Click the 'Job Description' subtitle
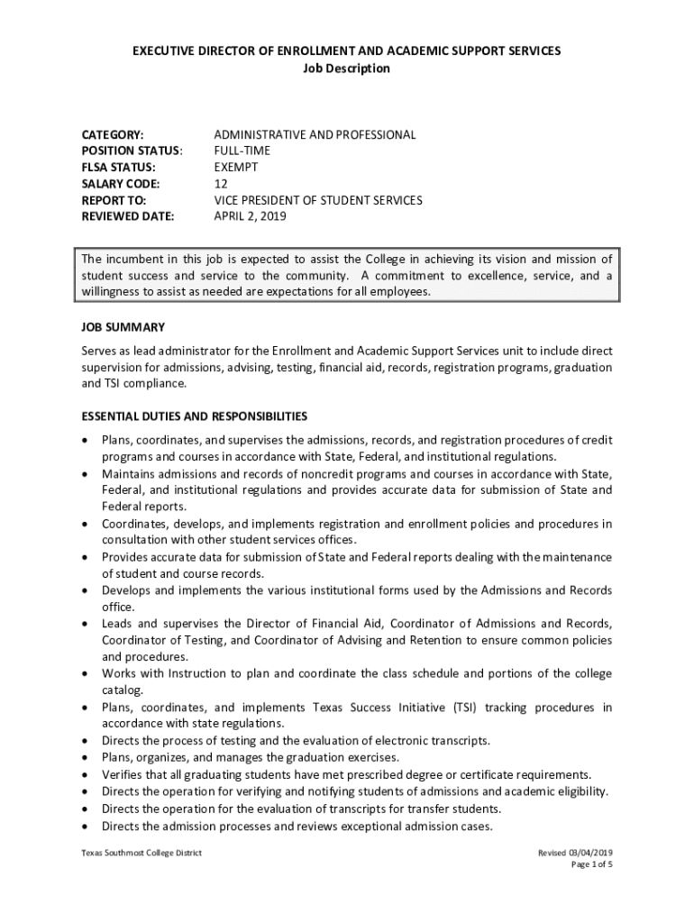pos(347,69)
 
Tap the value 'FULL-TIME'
pos(242,151)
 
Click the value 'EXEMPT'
pos(236,167)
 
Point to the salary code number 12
pos(221,183)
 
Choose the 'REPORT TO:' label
pos(114,200)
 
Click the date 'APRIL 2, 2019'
pos(254,216)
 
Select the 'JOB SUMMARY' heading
pos(123,326)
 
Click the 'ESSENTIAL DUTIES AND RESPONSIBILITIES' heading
pos(195,416)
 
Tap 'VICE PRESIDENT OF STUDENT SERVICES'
pos(317,200)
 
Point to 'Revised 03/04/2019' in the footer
pos(575,853)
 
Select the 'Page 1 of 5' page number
pos(592,865)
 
